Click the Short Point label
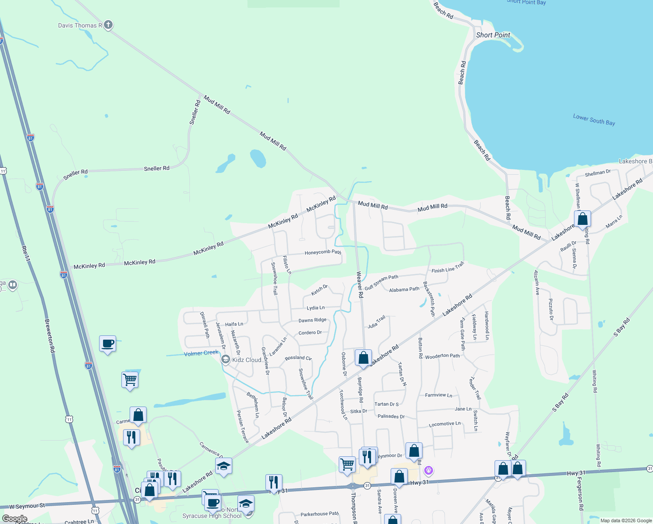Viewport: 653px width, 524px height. pyautogui.click(x=493, y=35)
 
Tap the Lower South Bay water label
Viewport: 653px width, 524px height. pyautogui.click(x=594, y=120)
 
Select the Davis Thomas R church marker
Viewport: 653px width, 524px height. pyautogui.click(x=108, y=25)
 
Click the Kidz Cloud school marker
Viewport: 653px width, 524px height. pyautogui.click(x=226, y=359)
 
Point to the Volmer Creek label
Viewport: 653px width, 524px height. pyautogui.click(x=201, y=353)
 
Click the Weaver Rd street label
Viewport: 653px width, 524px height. pyautogui.click(x=360, y=285)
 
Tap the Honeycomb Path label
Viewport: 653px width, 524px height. pyautogui.click(x=323, y=252)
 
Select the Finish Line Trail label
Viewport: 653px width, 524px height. pyautogui.click(x=448, y=268)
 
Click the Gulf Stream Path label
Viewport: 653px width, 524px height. pyautogui.click(x=381, y=282)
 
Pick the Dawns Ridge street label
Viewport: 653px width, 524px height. pyautogui.click(x=312, y=320)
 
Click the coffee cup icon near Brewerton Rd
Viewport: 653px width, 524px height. pyautogui.click(x=107, y=344)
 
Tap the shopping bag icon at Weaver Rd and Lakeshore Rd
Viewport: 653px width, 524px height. pyautogui.click(x=363, y=358)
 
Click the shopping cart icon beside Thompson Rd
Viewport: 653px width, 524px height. pyautogui.click(x=347, y=464)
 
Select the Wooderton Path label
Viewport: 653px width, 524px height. pyautogui.click(x=442, y=356)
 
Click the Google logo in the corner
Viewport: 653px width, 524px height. pyautogui.click(x=14, y=519)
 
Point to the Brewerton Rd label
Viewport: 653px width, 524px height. pyautogui.click(x=50, y=336)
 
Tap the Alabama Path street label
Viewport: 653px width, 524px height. pyautogui.click(x=404, y=290)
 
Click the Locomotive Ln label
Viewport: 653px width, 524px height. pyautogui.click(x=444, y=424)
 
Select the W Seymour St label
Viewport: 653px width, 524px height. pyautogui.click(x=27, y=506)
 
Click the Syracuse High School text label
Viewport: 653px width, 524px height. pyautogui.click(x=212, y=516)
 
